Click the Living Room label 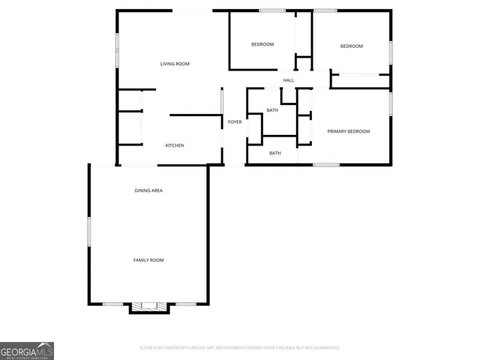coord(175,64)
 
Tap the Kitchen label coord(175,145)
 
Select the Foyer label coord(235,121)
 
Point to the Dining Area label coord(148,190)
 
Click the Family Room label coord(148,260)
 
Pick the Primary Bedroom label coord(349,132)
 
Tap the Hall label coord(289,80)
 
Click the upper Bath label coord(271,111)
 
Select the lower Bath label coord(275,154)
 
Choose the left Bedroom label coord(262,45)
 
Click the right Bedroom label coord(352,46)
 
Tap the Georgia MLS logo coord(27,351)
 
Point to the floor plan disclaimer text coord(239,348)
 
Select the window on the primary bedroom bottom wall coord(326,164)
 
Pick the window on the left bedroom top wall coord(272,10)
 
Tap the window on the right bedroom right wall coord(391,52)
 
